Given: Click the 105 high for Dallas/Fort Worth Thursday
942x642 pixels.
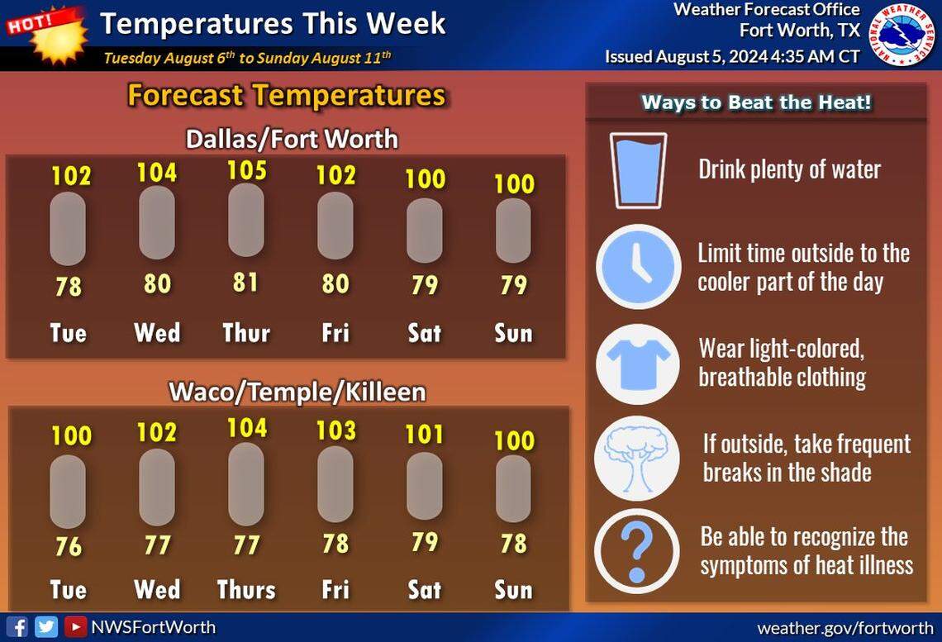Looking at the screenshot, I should tap(246, 169).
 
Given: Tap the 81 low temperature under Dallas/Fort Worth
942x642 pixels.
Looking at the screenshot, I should tap(246, 283).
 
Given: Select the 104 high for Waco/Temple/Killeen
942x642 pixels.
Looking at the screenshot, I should tap(246, 427).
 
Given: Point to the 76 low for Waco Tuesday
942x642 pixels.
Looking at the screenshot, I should tap(69, 547).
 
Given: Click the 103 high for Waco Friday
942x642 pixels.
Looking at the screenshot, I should tap(335, 430).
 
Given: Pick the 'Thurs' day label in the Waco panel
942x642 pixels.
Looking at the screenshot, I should tap(246, 589).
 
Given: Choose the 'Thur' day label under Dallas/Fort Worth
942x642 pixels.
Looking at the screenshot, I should tap(246, 333).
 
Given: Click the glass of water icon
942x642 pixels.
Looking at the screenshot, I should tap(637, 169).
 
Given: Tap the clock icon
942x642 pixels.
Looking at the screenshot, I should tap(637, 267).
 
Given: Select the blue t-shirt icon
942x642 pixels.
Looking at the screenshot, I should tap(637, 363).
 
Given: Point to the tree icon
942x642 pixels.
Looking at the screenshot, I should tap(637, 458).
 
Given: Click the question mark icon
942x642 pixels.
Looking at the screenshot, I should tap(637, 551).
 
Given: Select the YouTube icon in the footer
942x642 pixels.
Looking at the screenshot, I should tap(75, 627).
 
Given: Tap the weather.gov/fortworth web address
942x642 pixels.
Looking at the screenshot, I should tap(844, 628).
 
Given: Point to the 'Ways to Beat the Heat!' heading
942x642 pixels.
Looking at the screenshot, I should tap(757, 103).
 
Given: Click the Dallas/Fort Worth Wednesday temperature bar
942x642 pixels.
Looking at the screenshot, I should tap(157, 223).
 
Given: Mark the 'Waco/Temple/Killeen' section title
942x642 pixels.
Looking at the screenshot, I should tap(297, 391).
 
